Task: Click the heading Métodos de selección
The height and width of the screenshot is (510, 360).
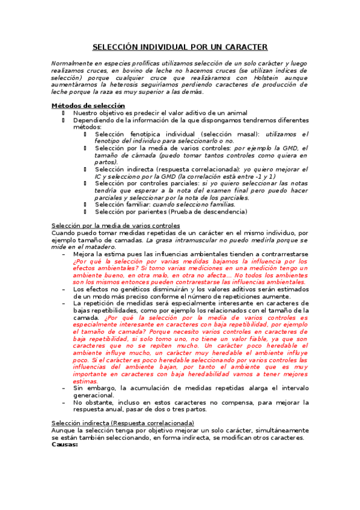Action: click(80, 106)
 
